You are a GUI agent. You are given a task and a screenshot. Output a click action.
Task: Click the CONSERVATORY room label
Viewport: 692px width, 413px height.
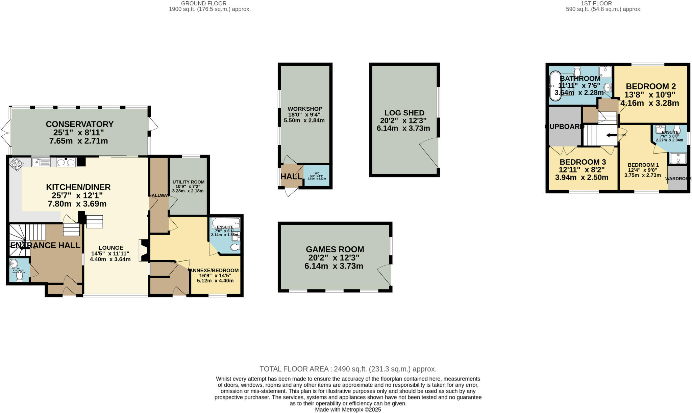79,124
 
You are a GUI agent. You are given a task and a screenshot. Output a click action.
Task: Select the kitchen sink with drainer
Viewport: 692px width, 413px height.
41,163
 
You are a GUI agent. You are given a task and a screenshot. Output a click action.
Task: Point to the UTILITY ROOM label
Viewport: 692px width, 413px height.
188,182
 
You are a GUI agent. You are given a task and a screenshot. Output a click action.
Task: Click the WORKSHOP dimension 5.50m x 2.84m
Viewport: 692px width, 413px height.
304,120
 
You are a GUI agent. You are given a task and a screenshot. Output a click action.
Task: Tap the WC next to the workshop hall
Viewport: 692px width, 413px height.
317,175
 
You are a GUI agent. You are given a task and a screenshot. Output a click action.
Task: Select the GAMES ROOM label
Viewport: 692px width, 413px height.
335,249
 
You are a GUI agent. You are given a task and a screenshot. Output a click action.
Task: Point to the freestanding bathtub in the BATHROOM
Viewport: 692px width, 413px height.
554,86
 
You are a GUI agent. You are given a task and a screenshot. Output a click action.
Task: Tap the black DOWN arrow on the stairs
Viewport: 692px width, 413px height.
611,135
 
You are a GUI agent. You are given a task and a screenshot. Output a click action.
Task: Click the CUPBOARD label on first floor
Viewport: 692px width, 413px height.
564,127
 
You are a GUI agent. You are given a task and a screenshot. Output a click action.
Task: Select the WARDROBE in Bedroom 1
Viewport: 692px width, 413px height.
678,178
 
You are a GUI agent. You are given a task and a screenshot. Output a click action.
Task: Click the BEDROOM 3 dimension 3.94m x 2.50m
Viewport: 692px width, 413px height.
582,177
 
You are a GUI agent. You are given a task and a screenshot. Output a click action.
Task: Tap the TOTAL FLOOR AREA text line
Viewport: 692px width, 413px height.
348,369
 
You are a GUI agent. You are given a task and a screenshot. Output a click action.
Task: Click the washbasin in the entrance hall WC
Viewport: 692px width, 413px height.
14,263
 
